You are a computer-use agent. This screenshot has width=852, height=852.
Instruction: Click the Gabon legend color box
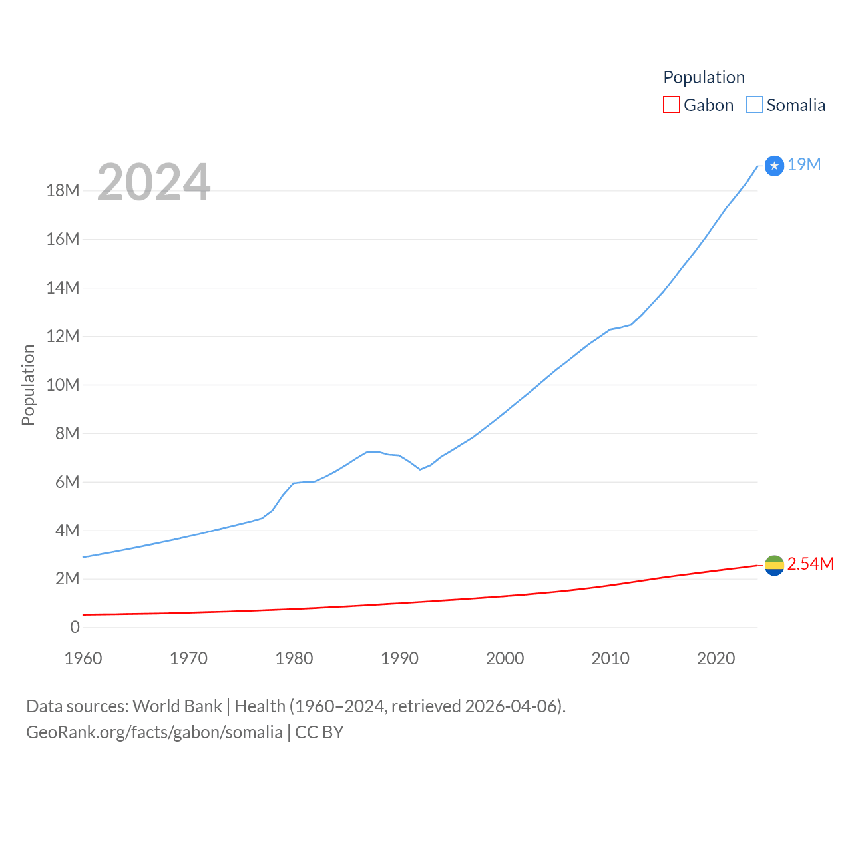point(672,105)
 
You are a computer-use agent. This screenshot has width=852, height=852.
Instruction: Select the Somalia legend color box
point(754,105)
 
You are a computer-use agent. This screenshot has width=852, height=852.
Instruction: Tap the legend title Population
point(704,77)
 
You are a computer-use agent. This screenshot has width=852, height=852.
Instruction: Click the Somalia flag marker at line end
point(774,166)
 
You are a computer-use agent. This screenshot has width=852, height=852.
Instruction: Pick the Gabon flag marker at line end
point(774,565)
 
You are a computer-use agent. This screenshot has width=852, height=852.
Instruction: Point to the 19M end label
point(804,165)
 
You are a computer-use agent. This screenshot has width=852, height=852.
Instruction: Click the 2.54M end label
point(810,564)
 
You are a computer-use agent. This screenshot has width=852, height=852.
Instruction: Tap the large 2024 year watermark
point(154,182)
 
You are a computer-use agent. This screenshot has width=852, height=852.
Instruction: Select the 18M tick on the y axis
point(63,191)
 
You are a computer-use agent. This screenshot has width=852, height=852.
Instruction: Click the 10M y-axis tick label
point(63,385)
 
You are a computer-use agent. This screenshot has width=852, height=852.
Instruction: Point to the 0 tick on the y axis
point(75,628)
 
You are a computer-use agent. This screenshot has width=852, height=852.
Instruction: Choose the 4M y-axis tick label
point(67,531)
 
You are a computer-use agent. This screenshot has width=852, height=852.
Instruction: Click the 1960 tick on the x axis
point(83,659)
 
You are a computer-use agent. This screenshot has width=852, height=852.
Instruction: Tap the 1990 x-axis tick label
point(399,659)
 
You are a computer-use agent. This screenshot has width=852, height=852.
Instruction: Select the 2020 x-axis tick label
point(716,659)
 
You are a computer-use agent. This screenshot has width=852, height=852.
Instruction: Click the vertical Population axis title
point(28,385)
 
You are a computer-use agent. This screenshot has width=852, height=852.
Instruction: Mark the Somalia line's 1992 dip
point(420,469)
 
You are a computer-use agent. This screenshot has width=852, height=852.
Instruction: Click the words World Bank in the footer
point(177,706)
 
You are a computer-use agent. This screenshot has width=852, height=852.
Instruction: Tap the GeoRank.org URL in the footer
point(154,732)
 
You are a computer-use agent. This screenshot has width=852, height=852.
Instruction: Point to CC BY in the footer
point(319,732)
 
